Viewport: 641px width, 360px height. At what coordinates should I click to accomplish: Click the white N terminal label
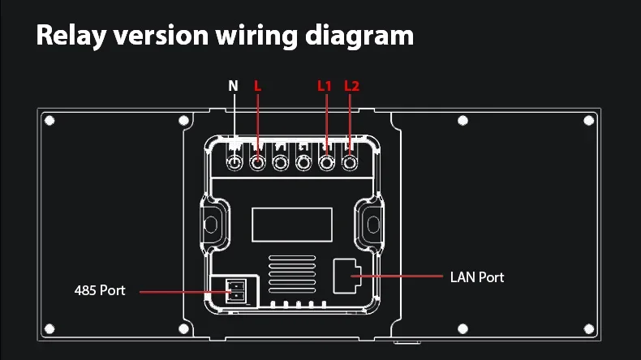click(234, 85)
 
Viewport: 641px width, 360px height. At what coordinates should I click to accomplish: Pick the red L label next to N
click(257, 85)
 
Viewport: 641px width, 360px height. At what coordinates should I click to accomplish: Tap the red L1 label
click(325, 85)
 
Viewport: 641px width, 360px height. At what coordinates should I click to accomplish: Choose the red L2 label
click(351, 85)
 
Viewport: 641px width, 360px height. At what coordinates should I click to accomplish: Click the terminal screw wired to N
click(234, 162)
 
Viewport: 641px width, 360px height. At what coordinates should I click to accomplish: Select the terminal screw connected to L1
click(327, 162)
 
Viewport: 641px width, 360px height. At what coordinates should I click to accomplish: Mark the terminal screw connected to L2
click(351, 162)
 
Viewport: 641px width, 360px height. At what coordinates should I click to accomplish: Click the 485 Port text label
click(100, 289)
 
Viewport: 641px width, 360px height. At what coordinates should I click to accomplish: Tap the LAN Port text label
click(477, 277)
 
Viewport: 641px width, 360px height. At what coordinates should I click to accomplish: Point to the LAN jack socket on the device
click(352, 276)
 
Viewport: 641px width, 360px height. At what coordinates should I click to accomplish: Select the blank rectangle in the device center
click(291, 223)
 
